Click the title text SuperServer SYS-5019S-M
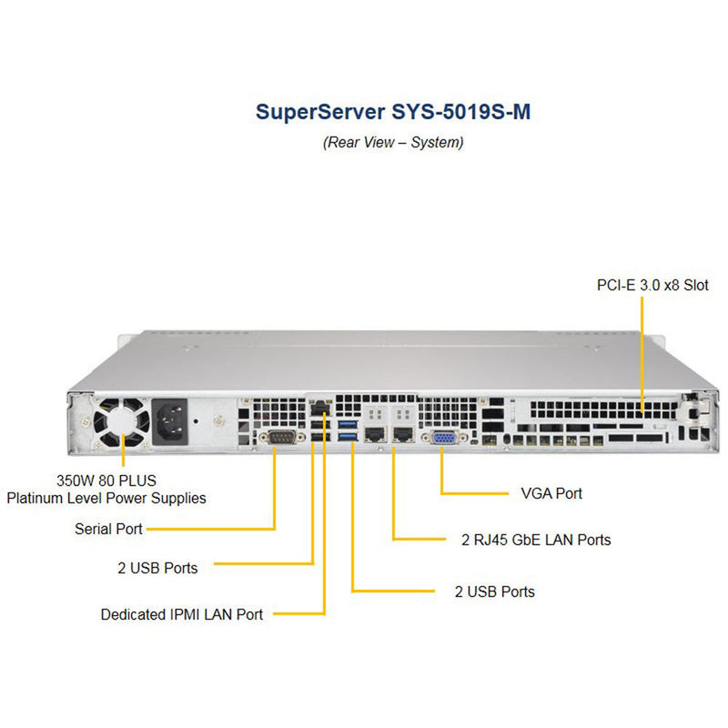(x=392, y=112)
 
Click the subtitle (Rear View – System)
(x=392, y=143)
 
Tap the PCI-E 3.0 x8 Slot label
(x=652, y=285)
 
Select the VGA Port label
(x=551, y=493)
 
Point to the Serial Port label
(x=109, y=529)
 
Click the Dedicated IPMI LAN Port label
(x=182, y=614)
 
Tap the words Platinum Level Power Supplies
(x=106, y=498)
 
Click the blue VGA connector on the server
(x=444, y=438)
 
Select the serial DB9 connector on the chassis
(x=275, y=439)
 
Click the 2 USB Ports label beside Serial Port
(x=157, y=568)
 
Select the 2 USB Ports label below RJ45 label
(x=494, y=591)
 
